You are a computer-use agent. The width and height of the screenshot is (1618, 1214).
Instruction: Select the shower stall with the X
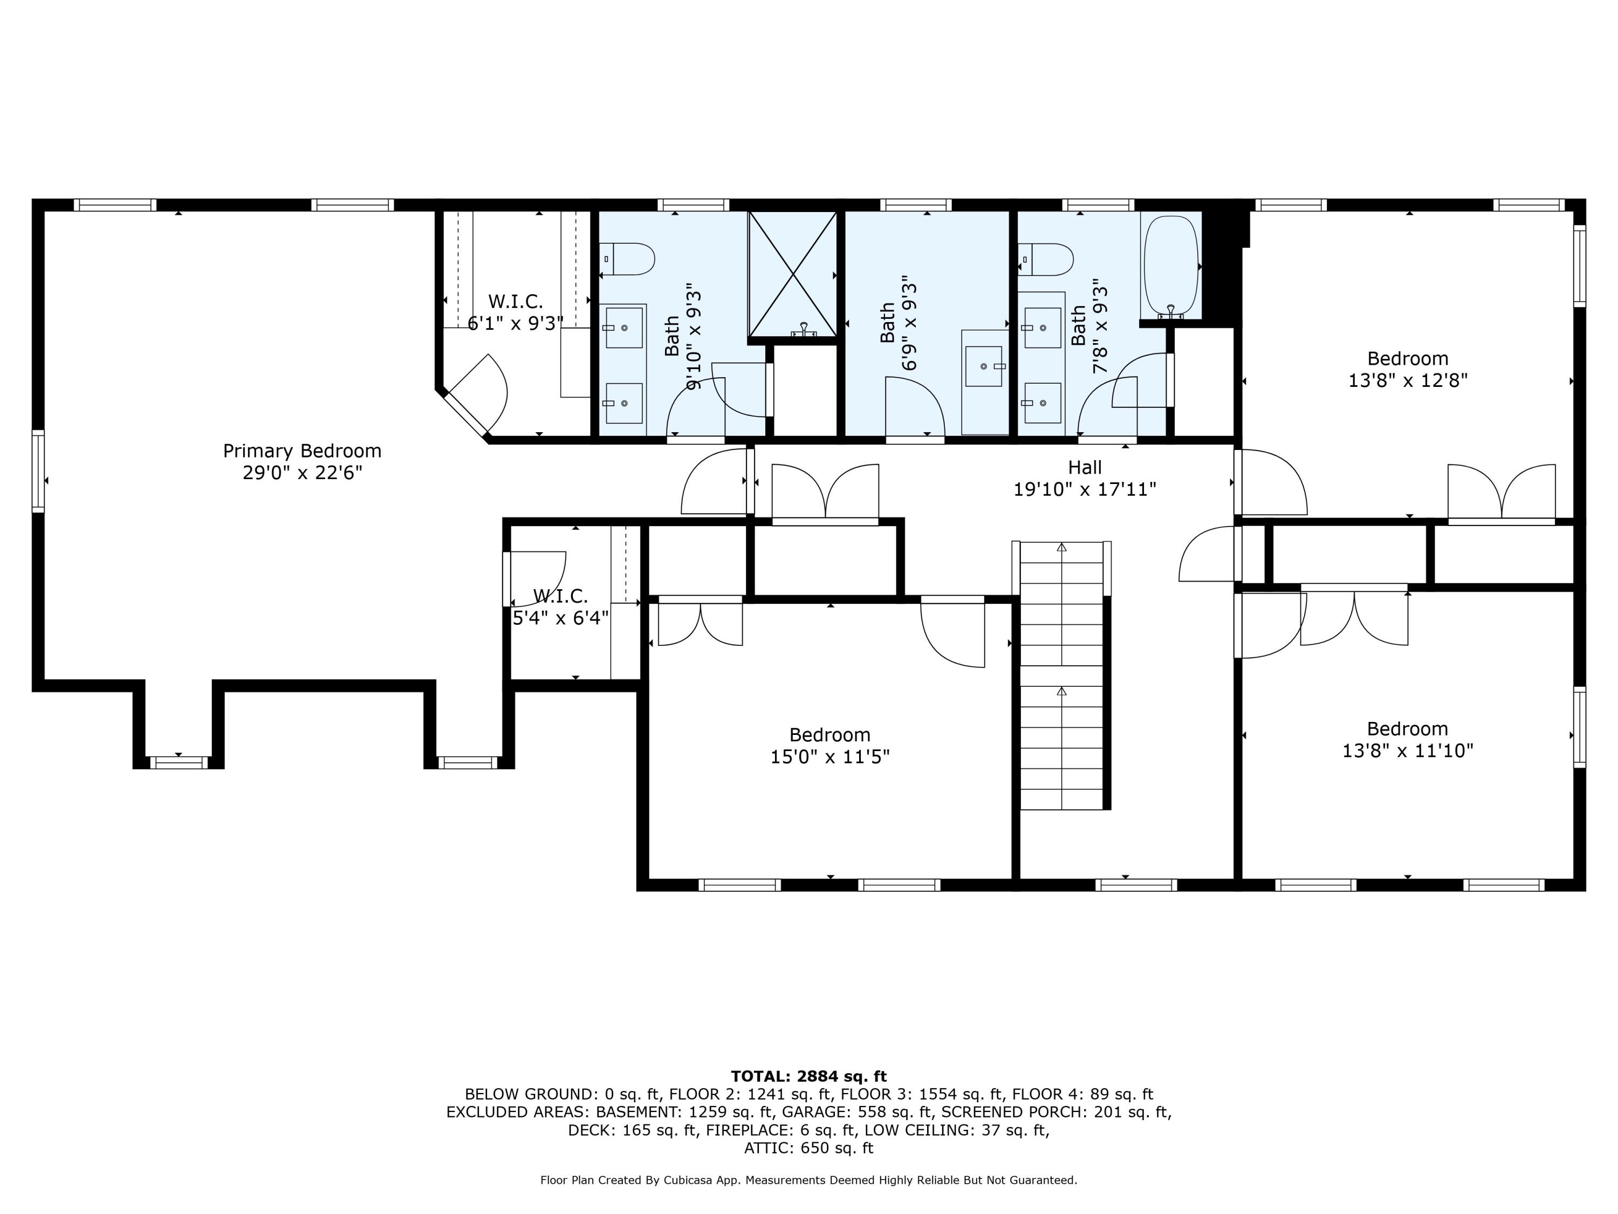[x=793, y=275]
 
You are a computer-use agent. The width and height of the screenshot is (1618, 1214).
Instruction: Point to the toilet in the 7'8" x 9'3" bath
[x=1047, y=259]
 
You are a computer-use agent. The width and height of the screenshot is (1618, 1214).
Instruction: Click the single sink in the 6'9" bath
[x=984, y=366]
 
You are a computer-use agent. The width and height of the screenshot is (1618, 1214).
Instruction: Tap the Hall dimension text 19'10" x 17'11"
[x=1084, y=489]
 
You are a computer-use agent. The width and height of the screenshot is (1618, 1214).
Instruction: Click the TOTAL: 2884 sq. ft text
[x=808, y=1076]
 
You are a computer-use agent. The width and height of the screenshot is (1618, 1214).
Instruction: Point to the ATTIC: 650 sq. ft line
[x=808, y=1148]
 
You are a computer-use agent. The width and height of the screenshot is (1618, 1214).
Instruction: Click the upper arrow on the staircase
[x=1061, y=547]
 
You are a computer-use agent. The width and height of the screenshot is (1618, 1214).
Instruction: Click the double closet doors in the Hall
[x=825, y=492]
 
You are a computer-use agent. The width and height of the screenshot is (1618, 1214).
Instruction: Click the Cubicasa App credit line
[x=808, y=1179]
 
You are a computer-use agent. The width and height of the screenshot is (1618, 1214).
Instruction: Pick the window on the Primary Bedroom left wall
[x=38, y=470]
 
